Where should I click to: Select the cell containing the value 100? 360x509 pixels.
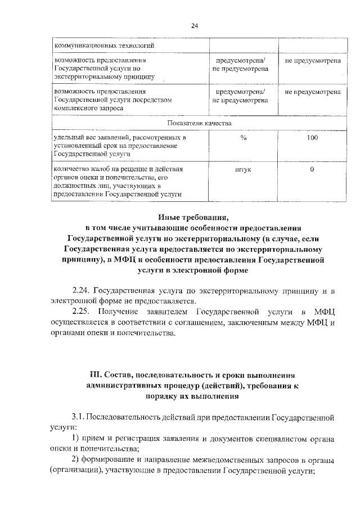point(312,138)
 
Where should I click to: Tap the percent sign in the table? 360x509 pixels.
point(243,138)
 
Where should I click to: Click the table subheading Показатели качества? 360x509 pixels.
point(199,123)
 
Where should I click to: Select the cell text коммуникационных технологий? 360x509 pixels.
point(104,44)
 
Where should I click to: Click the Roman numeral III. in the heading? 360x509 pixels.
point(98,375)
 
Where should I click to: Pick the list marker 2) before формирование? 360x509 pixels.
point(77,460)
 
